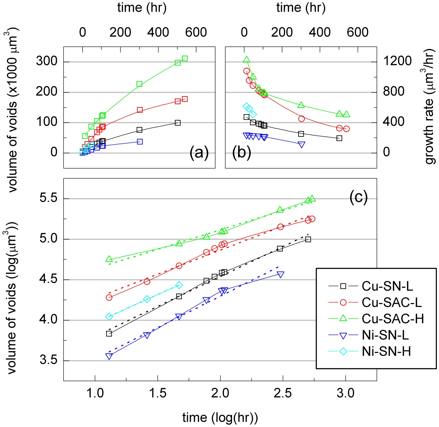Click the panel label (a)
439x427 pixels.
tap(199, 153)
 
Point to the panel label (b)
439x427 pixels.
tap(241, 153)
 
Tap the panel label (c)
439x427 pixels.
tap(359, 198)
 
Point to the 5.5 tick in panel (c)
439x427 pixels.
tap(49, 199)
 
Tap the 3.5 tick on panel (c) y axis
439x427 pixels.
tap(49, 360)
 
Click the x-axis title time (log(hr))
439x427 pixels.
tap(220, 418)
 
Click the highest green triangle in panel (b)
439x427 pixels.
tap(246, 60)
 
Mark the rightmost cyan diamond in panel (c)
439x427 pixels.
tap(179, 285)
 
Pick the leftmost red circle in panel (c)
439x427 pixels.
tap(109, 297)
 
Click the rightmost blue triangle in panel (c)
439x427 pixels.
tap(281, 274)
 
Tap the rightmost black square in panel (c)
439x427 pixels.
tap(308, 239)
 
